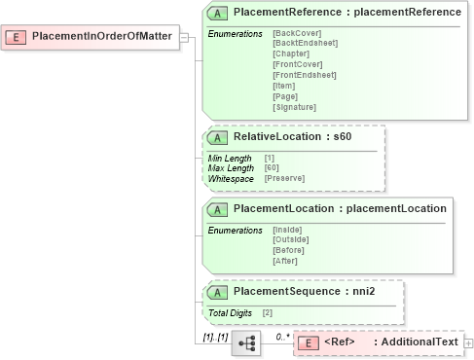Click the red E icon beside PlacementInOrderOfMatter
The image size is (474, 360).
click(16, 37)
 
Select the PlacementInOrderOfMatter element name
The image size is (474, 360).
click(101, 37)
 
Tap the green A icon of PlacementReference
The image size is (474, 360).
click(219, 13)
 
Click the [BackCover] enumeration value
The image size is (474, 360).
click(297, 34)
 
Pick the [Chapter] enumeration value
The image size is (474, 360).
click(292, 54)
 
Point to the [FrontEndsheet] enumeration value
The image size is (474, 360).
click(305, 75)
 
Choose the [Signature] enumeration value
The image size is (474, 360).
click(295, 106)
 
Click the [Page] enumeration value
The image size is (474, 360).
click(286, 95)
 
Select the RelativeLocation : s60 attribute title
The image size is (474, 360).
click(291, 136)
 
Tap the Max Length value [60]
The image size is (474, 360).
click(272, 167)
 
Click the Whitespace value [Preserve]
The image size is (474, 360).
click(284, 178)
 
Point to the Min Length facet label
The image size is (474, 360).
click(230, 158)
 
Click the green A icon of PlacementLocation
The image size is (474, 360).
click(219, 208)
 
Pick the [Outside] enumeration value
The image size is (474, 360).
click(291, 239)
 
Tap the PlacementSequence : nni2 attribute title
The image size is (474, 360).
click(304, 291)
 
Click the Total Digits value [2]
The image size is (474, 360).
click(267, 312)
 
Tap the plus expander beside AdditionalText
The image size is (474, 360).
click(469, 342)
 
